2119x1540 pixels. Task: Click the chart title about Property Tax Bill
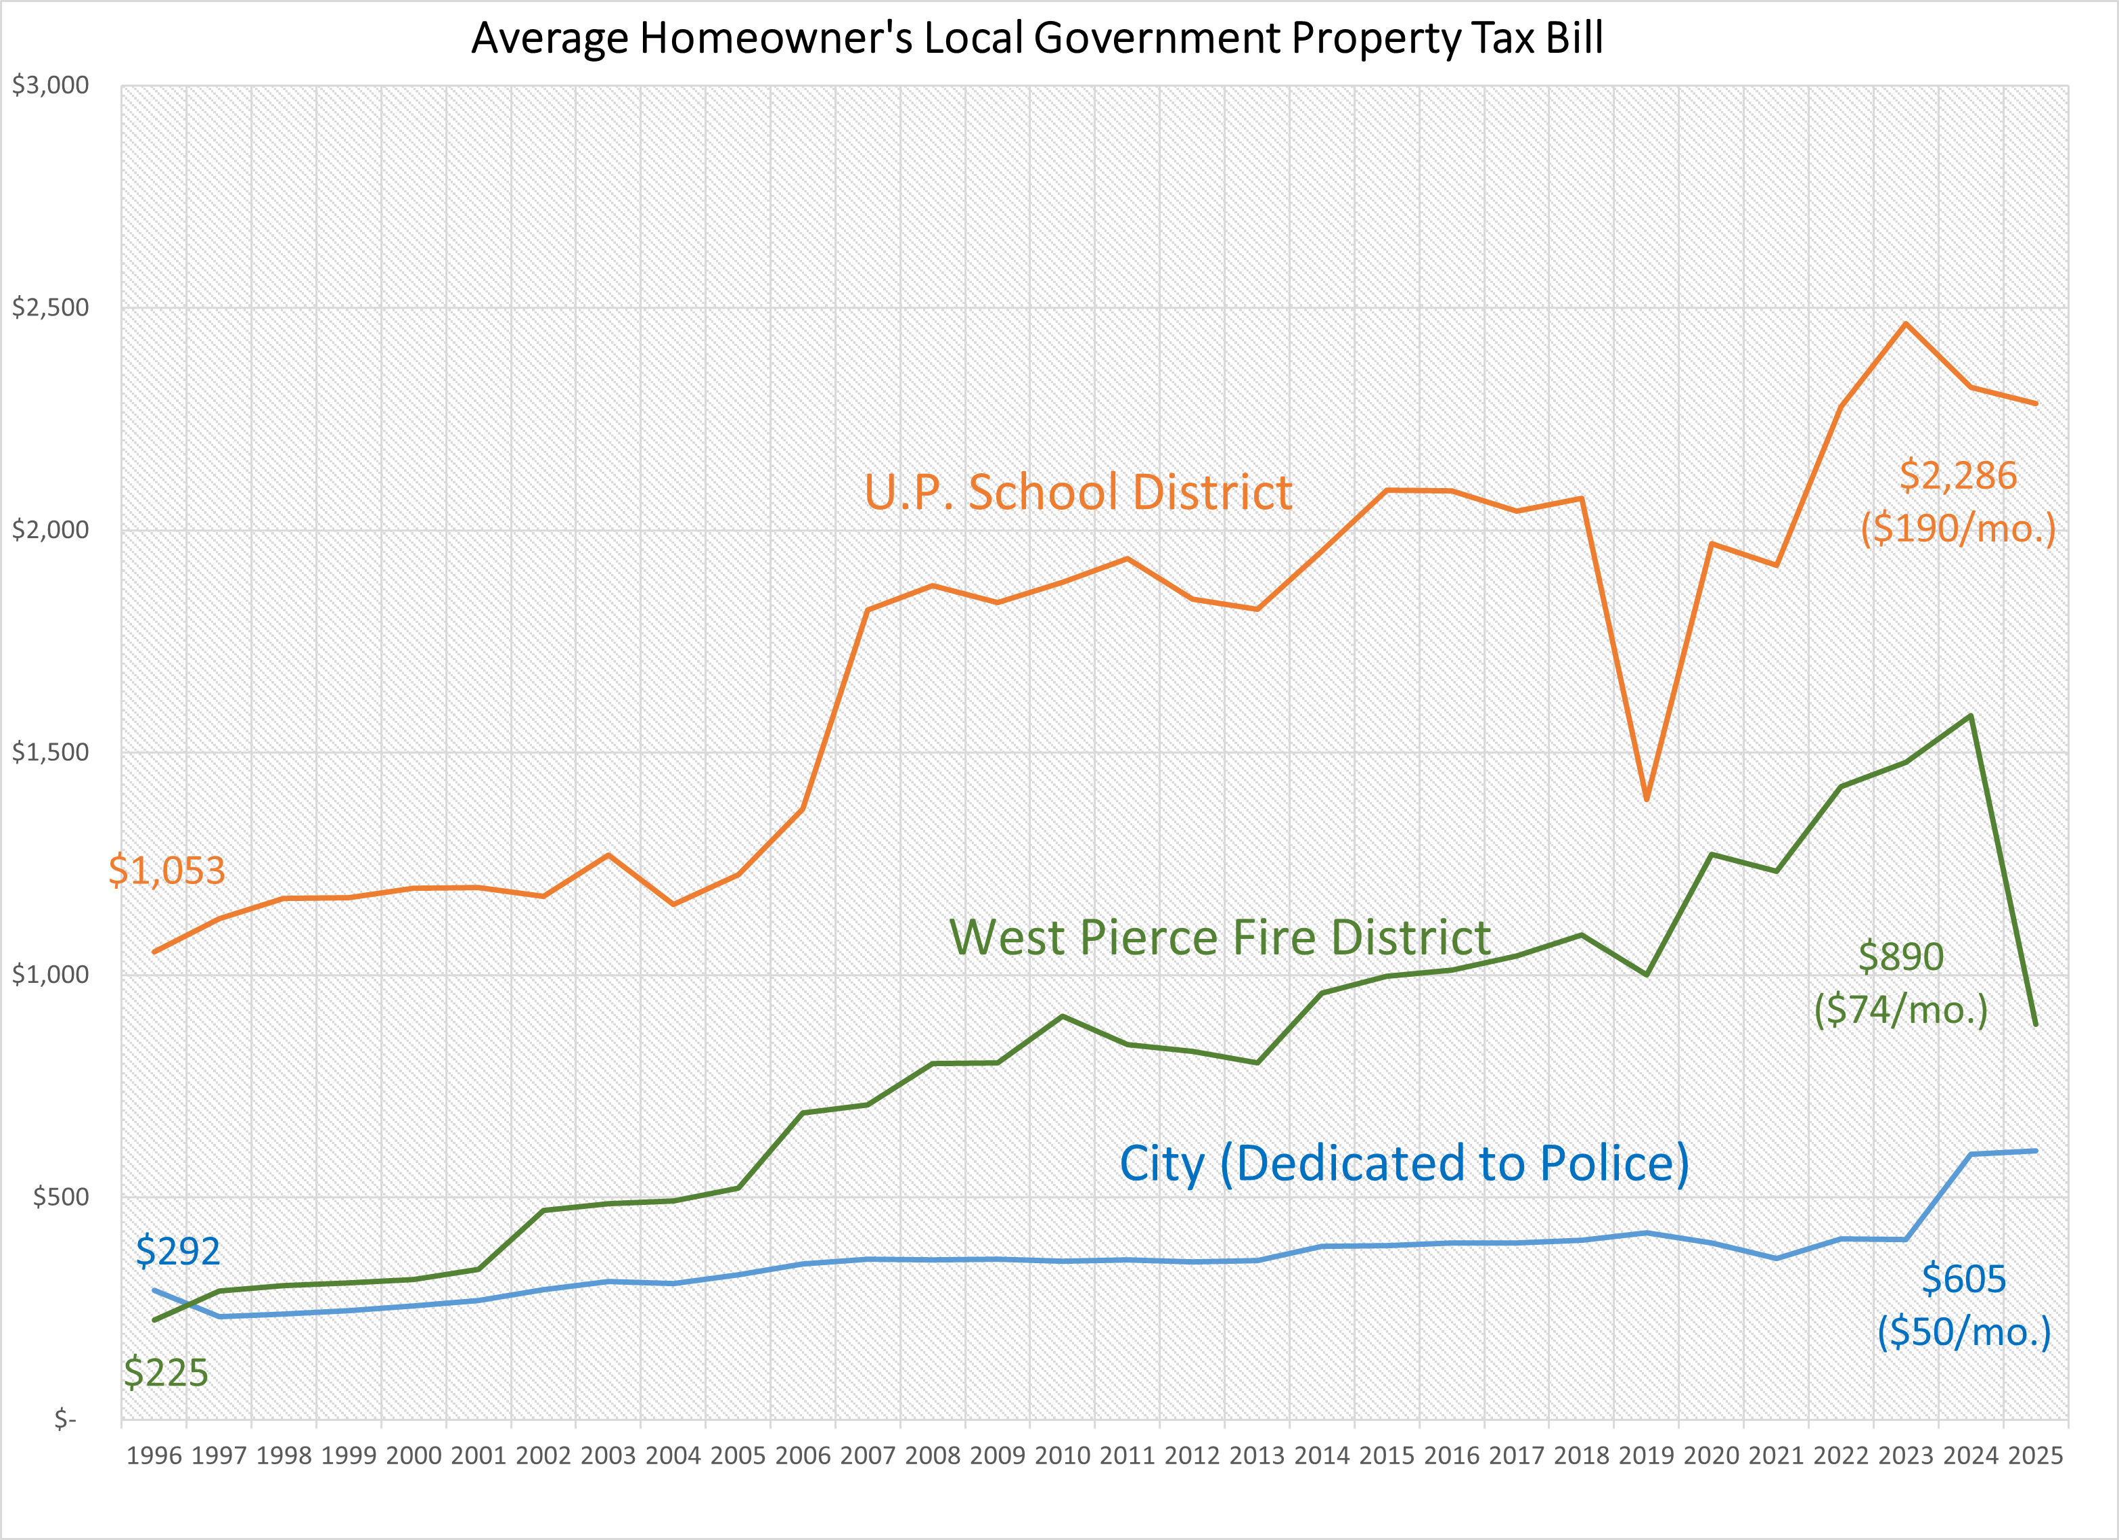pyautogui.click(x=1037, y=39)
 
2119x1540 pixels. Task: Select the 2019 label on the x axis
pyautogui.click(x=1646, y=1456)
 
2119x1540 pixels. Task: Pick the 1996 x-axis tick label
pyautogui.click(x=154, y=1456)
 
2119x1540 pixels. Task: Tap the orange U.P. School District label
pyautogui.click(x=1077, y=493)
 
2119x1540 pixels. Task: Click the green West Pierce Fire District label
pyautogui.click(x=1220, y=938)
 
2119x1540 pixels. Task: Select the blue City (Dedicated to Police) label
pyautogui.click(x=1404, y=1164)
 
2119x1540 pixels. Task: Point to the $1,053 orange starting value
pyautogui.click(x=167, y=871)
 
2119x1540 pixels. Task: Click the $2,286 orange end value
pyautogui.click(x=1959, y=476)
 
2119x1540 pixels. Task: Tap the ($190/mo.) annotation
pyautogui.click(x=1959, y=529)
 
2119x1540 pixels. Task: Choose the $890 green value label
pyautogui.click(x=1900, y=957)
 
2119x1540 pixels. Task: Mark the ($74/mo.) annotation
pyautogui.click(x=1900, y=1010)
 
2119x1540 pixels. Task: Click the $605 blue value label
pyautogui.click(x=1963, y=1279)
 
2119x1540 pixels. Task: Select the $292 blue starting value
pyautogui.click(x=177, y=1251)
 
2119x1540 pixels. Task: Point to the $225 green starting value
pyautogui.click(x=165, y=1373)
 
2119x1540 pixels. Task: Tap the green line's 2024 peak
pyautogui.click(x=1970, y=716)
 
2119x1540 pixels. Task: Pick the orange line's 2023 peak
pyautogui.click(x=1906, y=324)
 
